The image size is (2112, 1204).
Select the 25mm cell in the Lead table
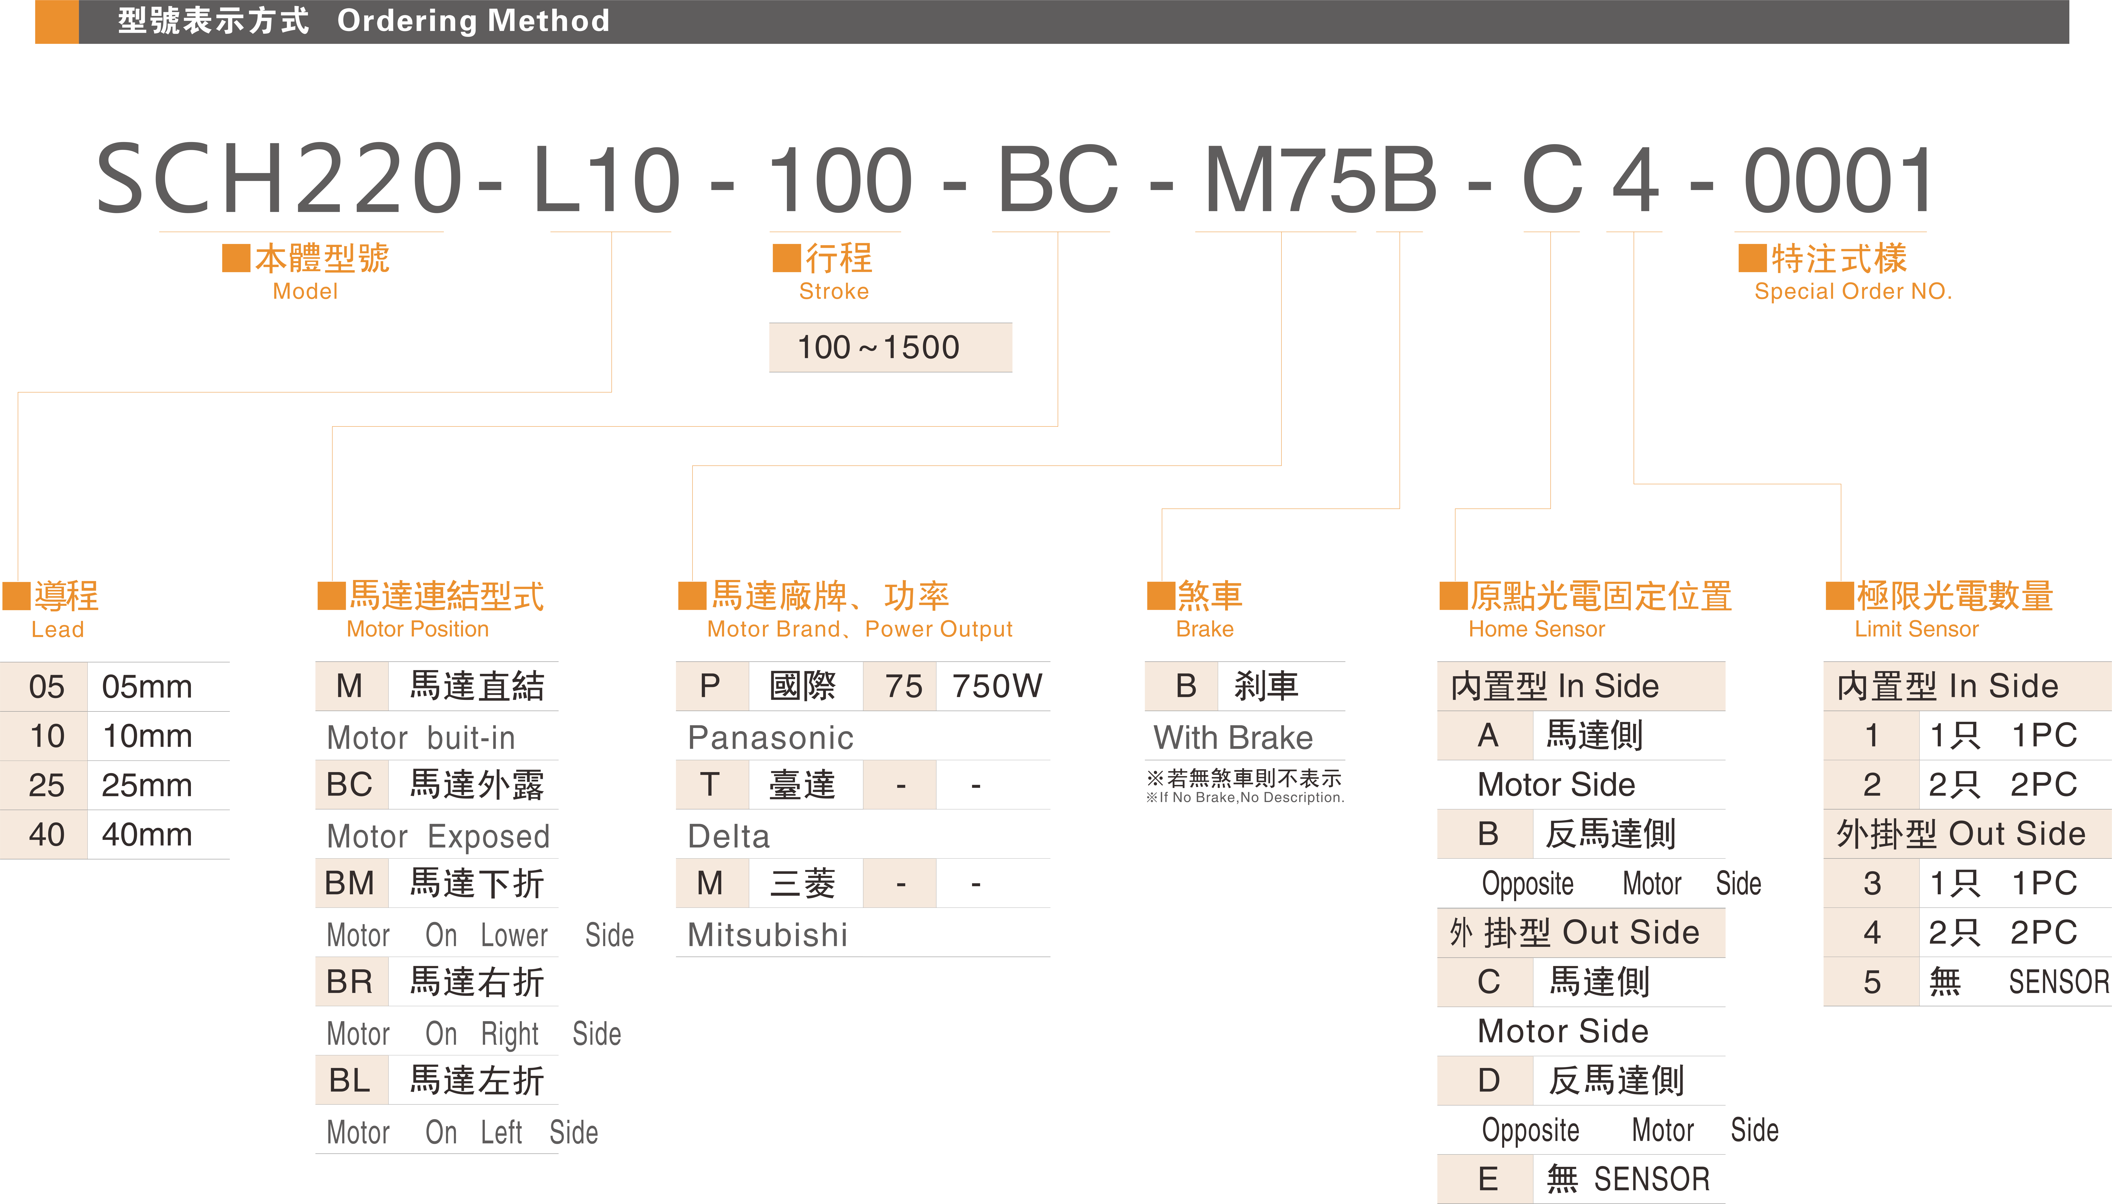147,785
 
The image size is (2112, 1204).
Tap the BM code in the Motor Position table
350,883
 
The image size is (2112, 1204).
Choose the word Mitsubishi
767,935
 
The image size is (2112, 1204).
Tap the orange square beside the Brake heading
1161,595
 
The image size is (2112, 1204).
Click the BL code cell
350,1080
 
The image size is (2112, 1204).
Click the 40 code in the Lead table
46,834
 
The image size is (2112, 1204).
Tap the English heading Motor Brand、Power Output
859,629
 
